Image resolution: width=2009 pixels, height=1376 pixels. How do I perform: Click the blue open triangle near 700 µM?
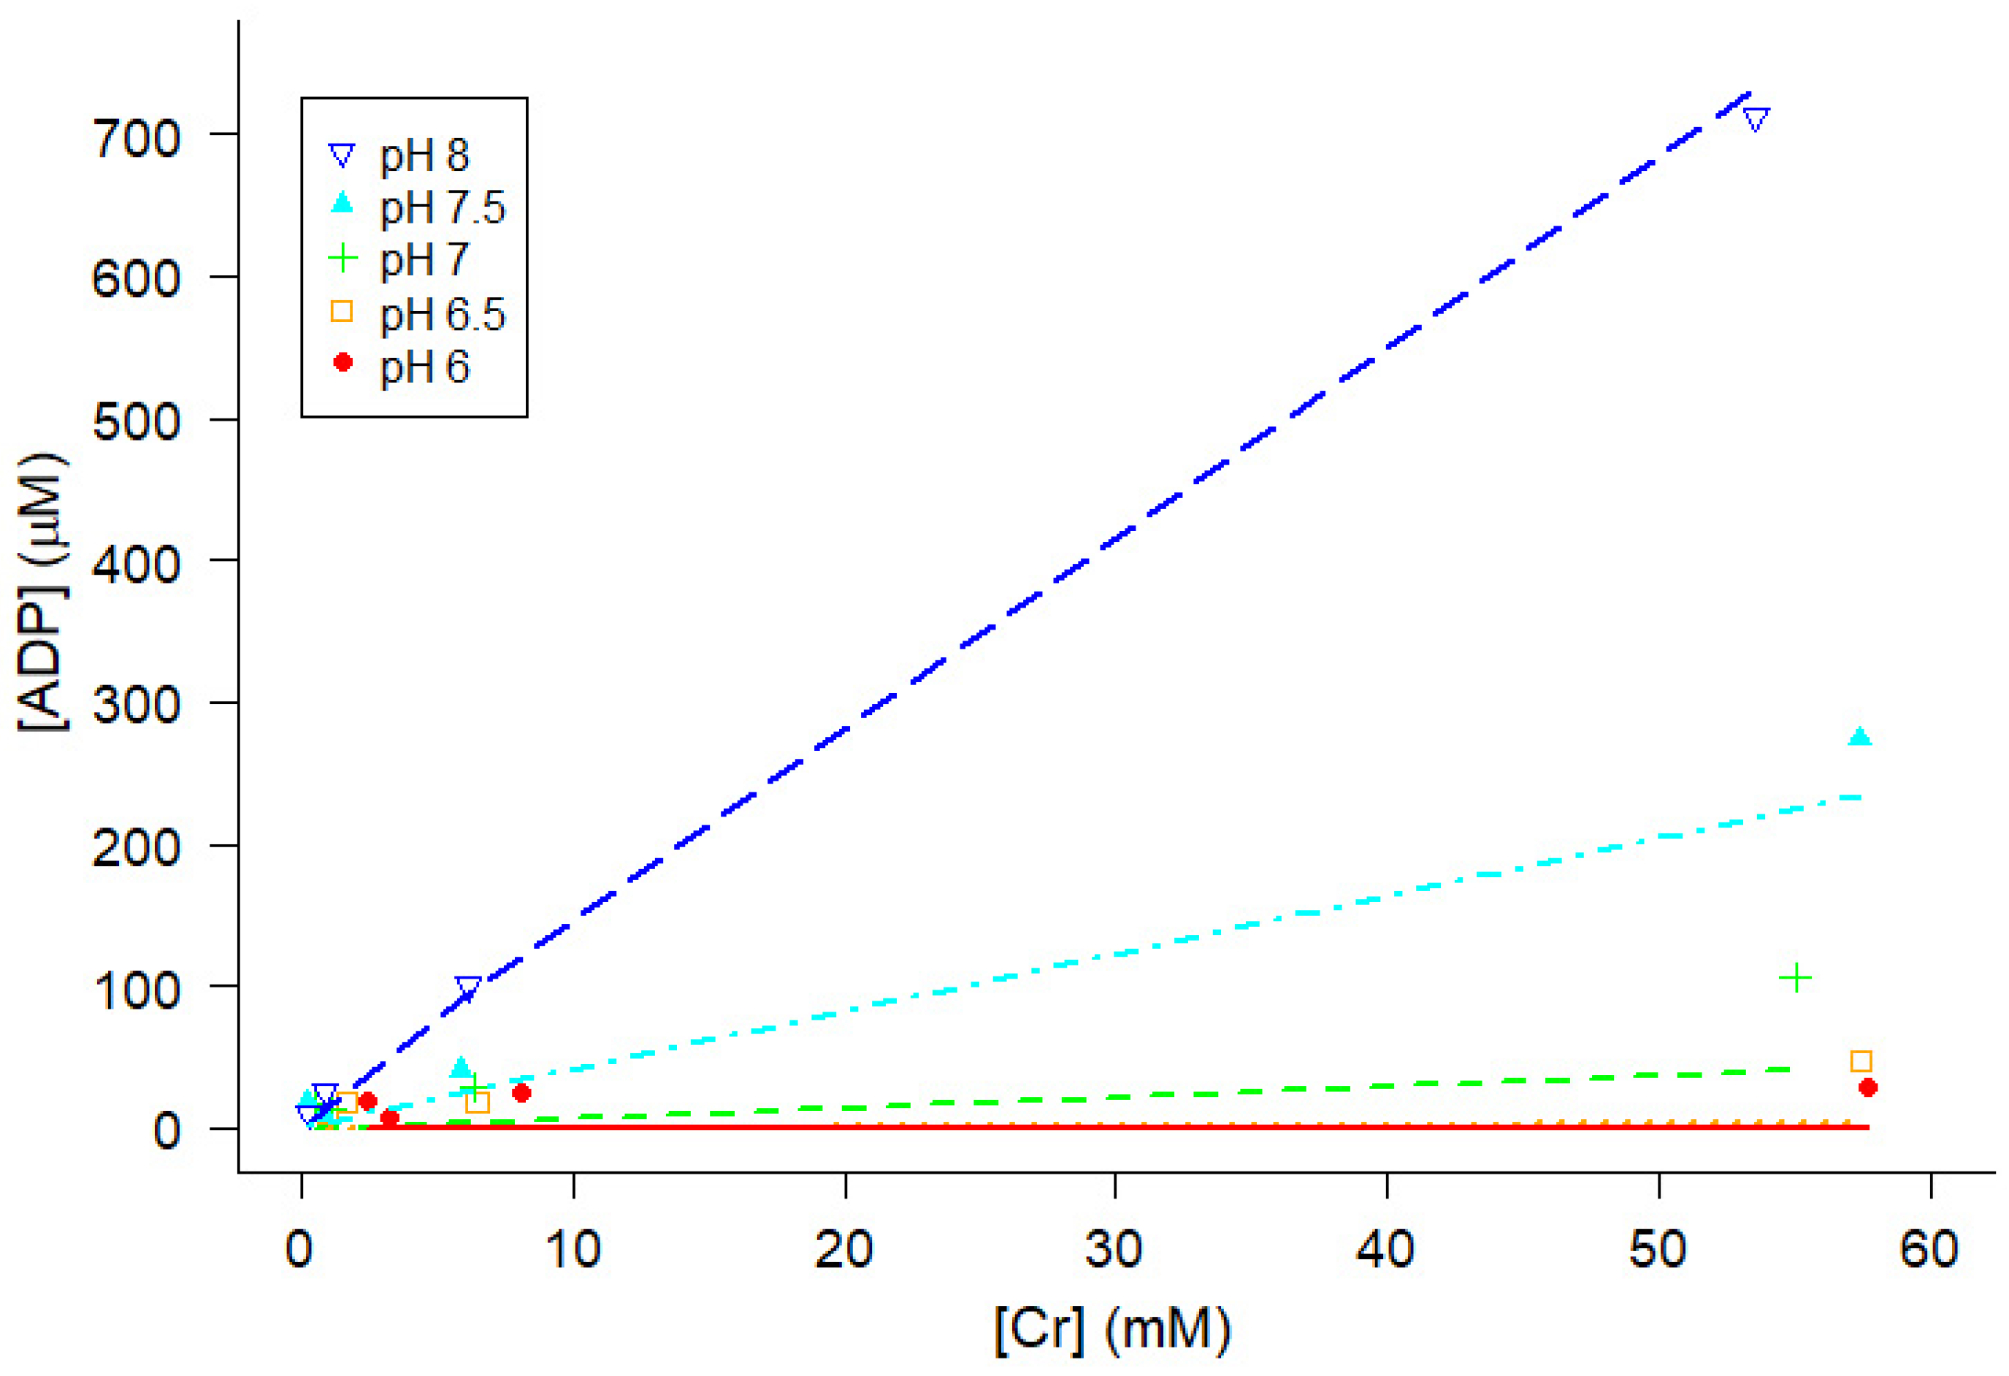coord(1755,119)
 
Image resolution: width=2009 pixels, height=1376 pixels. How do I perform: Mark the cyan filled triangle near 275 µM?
coord(1859,736)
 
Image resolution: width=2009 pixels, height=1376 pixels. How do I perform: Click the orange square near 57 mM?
coord(1860,1061)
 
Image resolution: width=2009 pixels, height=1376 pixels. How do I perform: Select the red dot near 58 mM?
coord(1867,1088)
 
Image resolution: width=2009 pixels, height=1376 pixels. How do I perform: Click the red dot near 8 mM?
coord(521,1093)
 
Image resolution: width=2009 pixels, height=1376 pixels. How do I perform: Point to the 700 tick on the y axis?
coord(136,137)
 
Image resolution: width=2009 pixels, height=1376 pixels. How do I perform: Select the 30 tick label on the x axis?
coord(1114,1249)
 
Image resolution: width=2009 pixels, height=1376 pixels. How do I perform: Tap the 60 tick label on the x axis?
coord(1929,1249)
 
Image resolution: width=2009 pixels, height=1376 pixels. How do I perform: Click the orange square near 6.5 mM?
coord(477,1102)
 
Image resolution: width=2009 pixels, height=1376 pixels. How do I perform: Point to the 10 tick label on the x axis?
coord(573,1249)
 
